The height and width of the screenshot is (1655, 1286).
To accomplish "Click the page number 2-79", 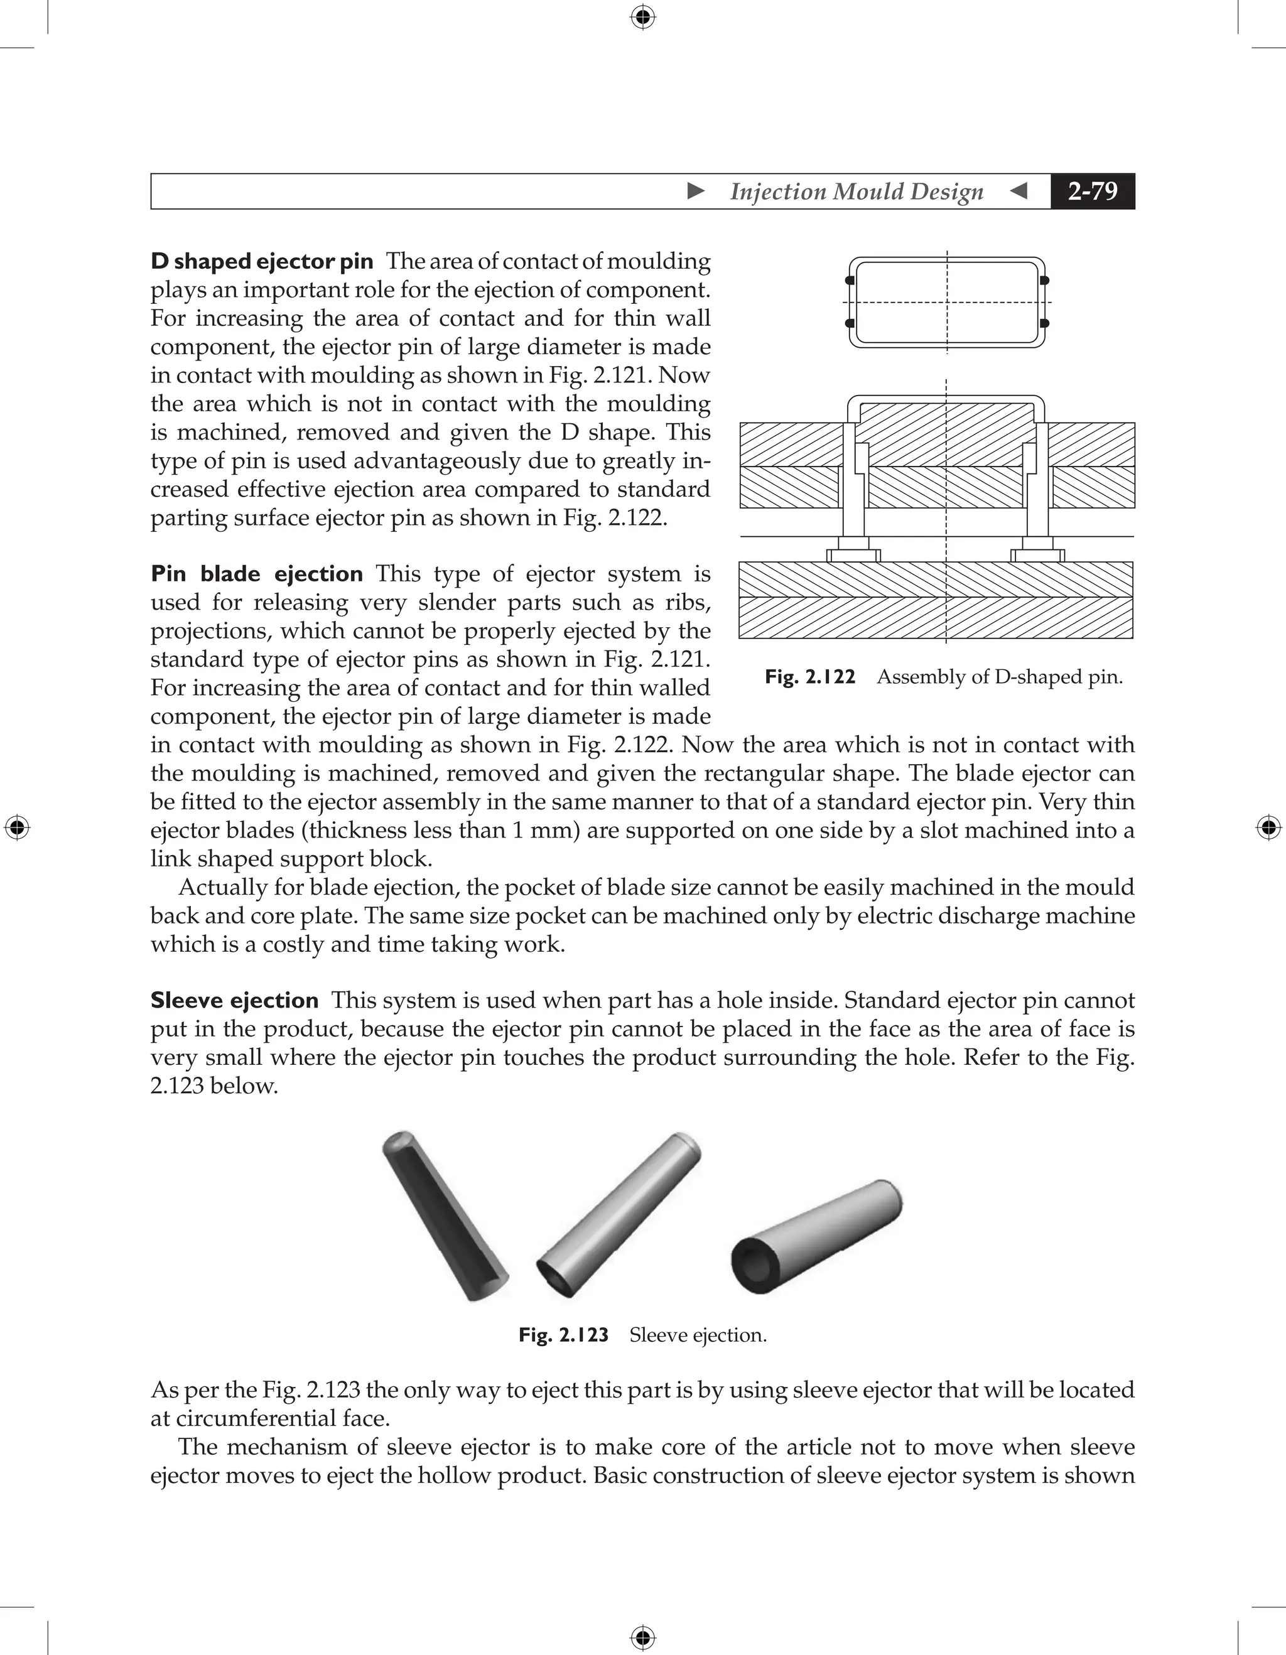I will (x=1092, y=191).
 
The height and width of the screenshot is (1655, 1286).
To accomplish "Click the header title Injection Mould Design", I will (x=856, y=191).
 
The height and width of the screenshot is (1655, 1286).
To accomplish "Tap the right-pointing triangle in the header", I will (x=696, y=191).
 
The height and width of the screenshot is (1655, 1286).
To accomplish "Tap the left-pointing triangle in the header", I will (x=1019, y=191).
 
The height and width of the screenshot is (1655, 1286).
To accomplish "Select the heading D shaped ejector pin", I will (x=261, y=261).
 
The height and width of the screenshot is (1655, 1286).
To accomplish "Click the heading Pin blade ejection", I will (x=256, y=574).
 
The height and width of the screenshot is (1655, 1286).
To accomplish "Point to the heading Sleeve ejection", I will (x=234, y=1000).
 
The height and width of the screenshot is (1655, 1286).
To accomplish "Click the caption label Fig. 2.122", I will (x=809, y=677).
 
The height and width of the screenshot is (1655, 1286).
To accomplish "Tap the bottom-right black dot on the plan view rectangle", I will (x=1044, y=323).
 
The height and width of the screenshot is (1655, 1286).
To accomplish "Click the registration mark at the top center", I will (x=642, y=16).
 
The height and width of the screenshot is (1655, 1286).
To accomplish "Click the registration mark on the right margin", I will (x=1268, y=827).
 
